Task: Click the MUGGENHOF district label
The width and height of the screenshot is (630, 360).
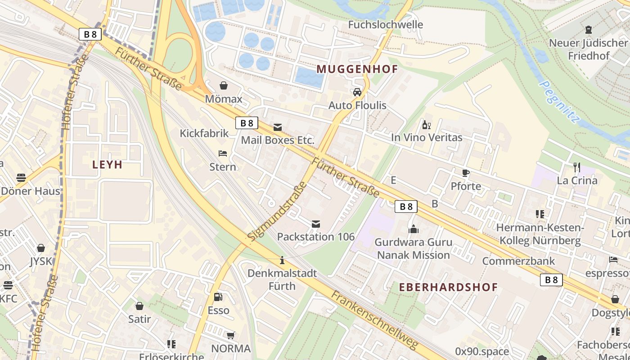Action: [x=357, y=69]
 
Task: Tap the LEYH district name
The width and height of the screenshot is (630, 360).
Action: [x=108, y=165]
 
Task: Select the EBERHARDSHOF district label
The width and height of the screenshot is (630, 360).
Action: [x=449, y=287]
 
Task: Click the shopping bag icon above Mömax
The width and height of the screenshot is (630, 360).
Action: [x=224, y=85]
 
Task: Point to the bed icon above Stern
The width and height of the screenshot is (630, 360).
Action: [x=222, y=153]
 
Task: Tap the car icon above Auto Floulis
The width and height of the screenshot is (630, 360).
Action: [x=357, y=92]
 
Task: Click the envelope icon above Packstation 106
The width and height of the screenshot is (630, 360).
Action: [x=316, y=224]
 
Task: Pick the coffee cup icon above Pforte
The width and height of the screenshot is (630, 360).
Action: [x=466, y=173]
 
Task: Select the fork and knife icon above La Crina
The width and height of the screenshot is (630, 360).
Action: [x=577, y=167]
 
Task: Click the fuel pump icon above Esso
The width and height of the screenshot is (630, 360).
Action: [x=218, y=297]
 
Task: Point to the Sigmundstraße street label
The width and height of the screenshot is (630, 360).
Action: [x=277, y=211]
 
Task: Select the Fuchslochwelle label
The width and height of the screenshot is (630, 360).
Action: [x=386, y=25]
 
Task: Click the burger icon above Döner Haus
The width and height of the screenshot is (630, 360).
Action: [x=21, y=177]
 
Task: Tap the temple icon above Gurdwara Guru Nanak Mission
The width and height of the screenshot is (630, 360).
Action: [x=413, y=229]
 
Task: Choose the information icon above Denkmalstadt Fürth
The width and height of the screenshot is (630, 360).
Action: [x=282, y=260]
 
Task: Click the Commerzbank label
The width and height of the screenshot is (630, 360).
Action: [x=518, y=261]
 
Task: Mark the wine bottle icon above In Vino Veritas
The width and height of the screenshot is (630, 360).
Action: [x=426, y=125]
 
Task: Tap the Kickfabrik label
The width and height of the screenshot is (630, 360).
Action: [x=204, y=133]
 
